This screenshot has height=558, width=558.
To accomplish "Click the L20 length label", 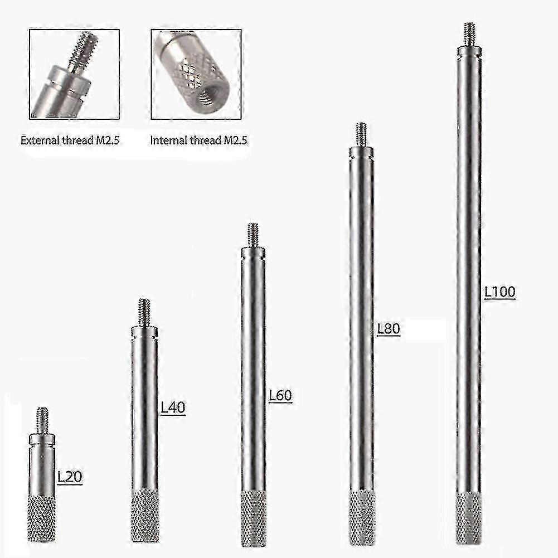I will [70, 477].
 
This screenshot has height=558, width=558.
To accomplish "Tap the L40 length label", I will [173, 408].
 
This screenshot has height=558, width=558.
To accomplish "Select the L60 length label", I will [280, 396].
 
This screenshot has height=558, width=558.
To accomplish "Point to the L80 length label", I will [389, 329].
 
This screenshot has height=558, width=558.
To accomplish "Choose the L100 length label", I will [499, 292].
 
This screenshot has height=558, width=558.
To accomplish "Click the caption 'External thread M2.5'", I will [70, 140].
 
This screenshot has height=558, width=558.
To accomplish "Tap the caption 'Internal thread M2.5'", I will [199, 140].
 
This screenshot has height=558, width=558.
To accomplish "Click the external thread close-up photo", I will [75, 74].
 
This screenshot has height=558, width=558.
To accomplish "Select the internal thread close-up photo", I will [196, 74].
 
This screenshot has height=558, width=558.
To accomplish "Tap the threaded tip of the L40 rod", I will [144, 312].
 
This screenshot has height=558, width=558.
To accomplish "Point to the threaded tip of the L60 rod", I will [253, 235].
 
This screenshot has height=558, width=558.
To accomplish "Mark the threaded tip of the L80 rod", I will [361, 134].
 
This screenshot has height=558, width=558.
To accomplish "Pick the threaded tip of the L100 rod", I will [469, 34].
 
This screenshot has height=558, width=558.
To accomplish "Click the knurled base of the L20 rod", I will [41, 518].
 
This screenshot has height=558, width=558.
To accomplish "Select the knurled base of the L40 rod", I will [144, 515].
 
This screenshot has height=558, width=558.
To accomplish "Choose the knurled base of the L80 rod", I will [362, 517].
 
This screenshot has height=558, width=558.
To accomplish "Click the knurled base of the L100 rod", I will [469, 517].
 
